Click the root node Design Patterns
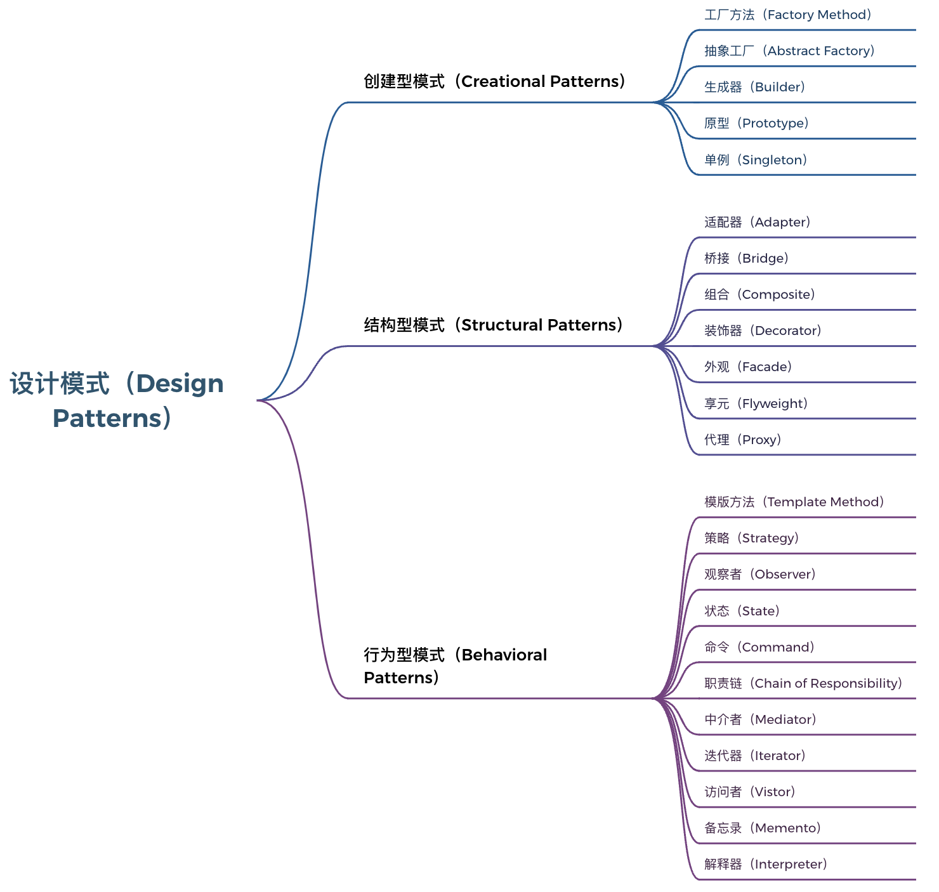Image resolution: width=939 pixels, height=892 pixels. click(x=117, y=400)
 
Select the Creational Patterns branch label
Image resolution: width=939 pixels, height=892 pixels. click(x=495, y=81)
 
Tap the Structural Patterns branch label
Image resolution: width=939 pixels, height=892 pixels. click(x=494, y=325)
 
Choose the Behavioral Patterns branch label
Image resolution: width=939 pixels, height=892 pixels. click(x=455, y=666)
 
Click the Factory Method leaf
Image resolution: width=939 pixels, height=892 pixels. click(x=788, y=15)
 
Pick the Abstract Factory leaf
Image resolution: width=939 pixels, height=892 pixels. click(x=789, y=51)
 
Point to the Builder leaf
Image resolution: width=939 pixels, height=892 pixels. click(x=754, y=87)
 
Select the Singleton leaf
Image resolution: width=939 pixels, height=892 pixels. click(x=756, y=160)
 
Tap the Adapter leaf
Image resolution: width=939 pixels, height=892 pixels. click(x=757, y=222)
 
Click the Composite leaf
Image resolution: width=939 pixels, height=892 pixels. click(x=759, y=294)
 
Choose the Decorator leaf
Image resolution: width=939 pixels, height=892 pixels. click(x=763, y=331)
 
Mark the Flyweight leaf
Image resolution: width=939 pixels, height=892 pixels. click(x=756, y=403)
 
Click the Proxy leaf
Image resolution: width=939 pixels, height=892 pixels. click(x=742, y=440)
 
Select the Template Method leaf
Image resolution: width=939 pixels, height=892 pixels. click(x=794, y=502)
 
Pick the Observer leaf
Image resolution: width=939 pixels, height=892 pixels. click(x=759, y=574)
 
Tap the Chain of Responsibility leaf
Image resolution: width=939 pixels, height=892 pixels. click(x=803, y=683)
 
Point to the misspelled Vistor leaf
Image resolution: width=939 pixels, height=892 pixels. click(x=749, y=792)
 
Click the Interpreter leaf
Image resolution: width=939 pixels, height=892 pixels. click(x=765, y=864)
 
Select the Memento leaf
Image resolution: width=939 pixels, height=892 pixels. click(x=762, y=828)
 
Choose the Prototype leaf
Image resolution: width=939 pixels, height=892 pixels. click(x=756, y=123)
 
